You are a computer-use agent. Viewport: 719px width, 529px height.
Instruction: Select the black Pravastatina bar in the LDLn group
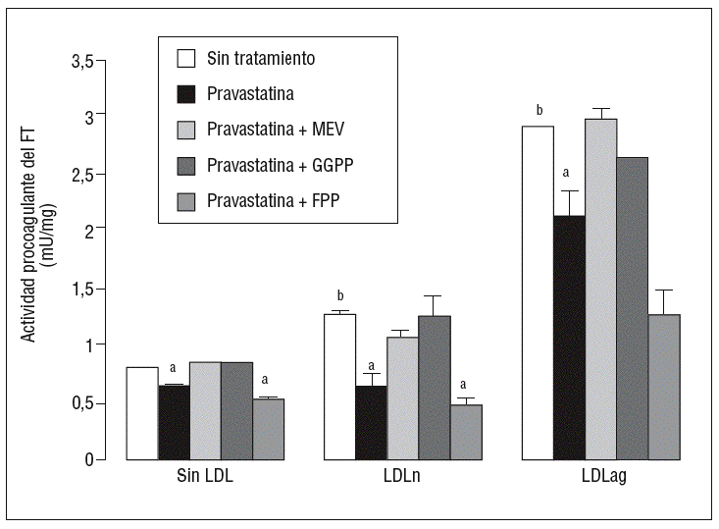372,422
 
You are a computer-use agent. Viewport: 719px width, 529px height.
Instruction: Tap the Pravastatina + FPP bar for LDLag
663,387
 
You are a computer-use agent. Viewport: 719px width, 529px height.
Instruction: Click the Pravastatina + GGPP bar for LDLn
435,387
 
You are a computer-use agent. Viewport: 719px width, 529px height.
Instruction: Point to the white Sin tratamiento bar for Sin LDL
142,413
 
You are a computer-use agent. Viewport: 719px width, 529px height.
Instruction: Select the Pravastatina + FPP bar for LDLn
466,432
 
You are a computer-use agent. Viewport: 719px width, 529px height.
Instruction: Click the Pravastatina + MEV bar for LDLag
600,289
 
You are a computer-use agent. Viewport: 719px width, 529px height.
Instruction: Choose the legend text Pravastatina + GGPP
280,165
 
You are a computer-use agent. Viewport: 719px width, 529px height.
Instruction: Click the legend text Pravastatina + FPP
274,201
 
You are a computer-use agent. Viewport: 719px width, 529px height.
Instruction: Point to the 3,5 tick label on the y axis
82,62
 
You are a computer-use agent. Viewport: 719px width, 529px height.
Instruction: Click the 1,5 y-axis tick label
82,290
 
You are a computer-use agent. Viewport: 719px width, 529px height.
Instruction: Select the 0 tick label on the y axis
89,459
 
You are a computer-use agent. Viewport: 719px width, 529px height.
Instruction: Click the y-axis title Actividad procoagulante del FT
30,238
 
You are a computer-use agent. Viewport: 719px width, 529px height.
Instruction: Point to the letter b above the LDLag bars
539,109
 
